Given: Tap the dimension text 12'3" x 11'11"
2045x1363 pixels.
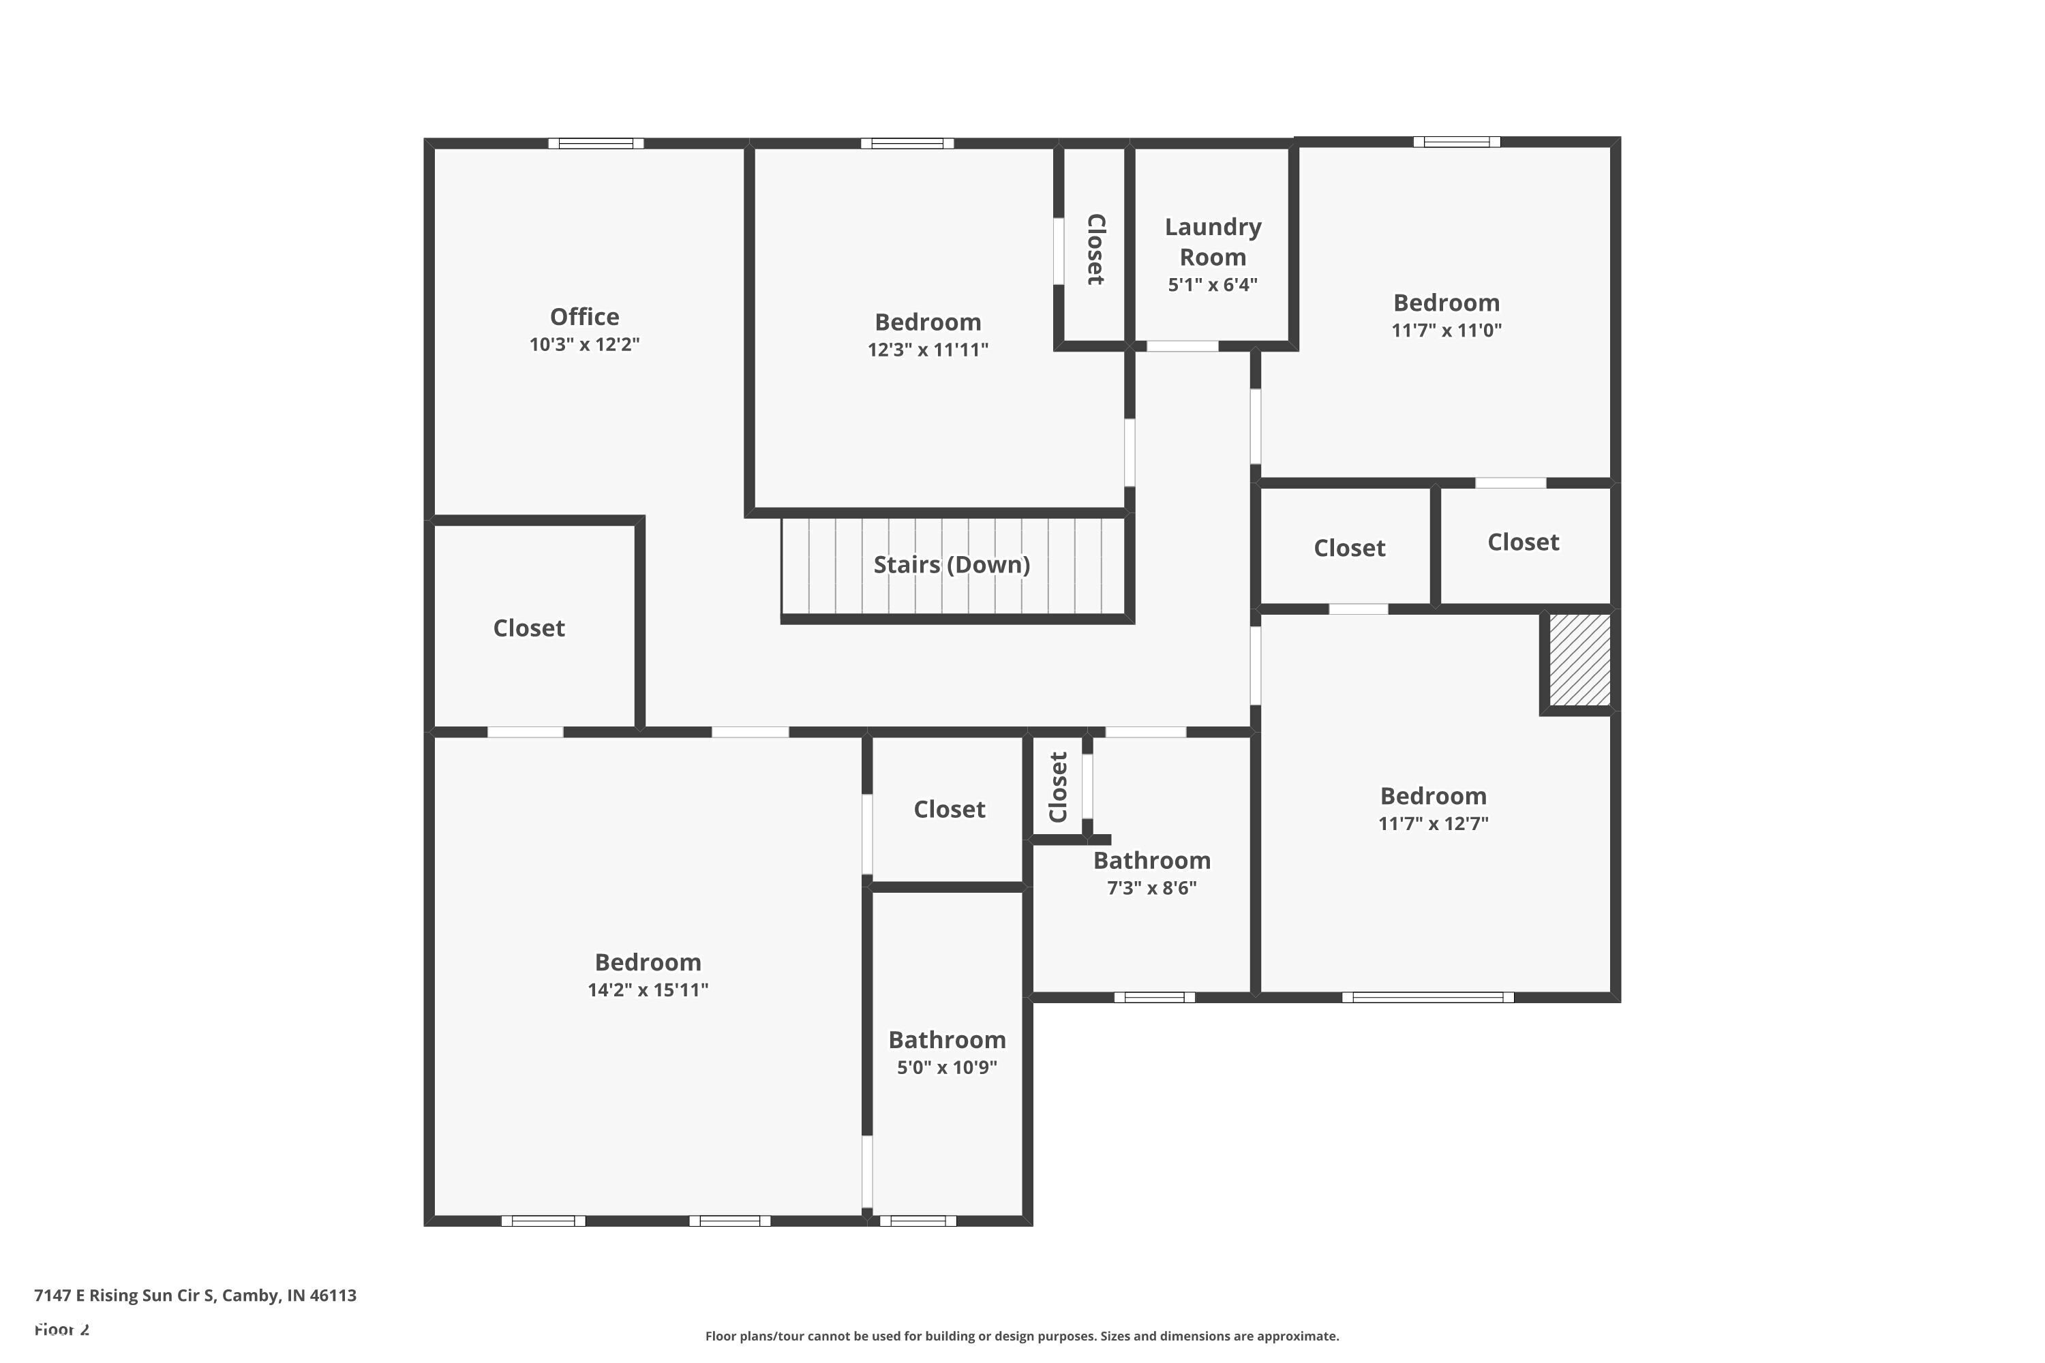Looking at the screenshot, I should coord(928,350).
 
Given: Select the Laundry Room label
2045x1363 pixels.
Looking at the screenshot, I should coord(1213,242).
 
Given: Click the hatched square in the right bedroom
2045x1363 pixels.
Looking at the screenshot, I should coord(1579,660).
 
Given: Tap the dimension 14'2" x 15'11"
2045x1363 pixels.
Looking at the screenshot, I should coord(648,990).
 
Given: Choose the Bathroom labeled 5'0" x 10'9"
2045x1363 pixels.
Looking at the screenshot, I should coord(947,1040).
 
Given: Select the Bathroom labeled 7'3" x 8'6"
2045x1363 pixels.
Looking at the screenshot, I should coord(1151,861).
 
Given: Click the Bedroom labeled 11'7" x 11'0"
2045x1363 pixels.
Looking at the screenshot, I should coord(1446,303).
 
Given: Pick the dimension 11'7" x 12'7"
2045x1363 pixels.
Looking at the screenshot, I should coord(1433,823).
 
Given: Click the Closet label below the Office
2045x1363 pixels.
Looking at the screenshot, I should coord(529,628).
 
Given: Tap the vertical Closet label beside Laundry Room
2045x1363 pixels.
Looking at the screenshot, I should coord(1095,249).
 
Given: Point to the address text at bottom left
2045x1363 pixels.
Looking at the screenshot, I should coord(195,1296).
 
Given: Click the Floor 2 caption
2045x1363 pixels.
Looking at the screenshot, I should coord(62,1329).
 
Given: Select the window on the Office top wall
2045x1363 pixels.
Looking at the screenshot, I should coord(596,143).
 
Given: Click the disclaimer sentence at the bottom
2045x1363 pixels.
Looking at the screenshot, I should coord(1022,1336).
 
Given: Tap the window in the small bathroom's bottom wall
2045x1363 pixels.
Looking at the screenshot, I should coord(918,1221).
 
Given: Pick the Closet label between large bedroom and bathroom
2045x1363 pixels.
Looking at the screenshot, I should coord(949,810).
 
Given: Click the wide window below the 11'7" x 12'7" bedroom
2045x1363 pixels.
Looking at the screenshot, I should coord(1427,997).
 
